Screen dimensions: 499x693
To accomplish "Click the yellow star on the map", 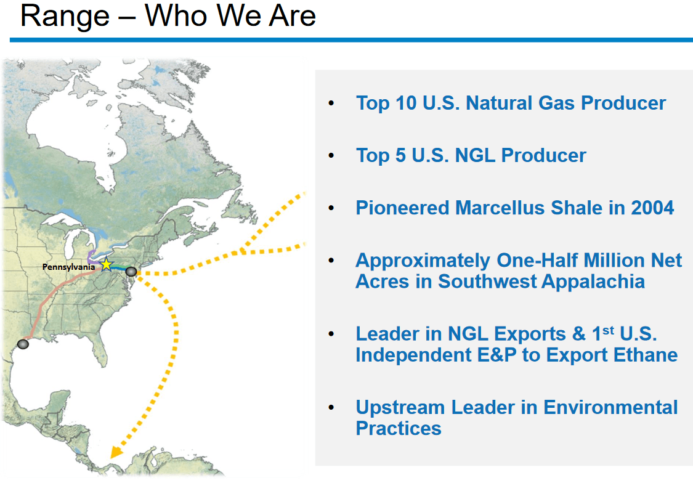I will coord(106,264).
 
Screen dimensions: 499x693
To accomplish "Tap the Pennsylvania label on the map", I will coord(68,267).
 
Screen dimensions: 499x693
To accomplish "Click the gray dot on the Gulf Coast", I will coord(23,344).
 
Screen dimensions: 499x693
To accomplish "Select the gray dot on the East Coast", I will coord(131,272).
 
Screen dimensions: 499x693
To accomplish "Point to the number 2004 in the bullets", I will coord(652,208).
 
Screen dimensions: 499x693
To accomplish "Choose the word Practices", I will coord(399,428).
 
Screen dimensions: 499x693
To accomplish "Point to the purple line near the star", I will coord(91,258).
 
